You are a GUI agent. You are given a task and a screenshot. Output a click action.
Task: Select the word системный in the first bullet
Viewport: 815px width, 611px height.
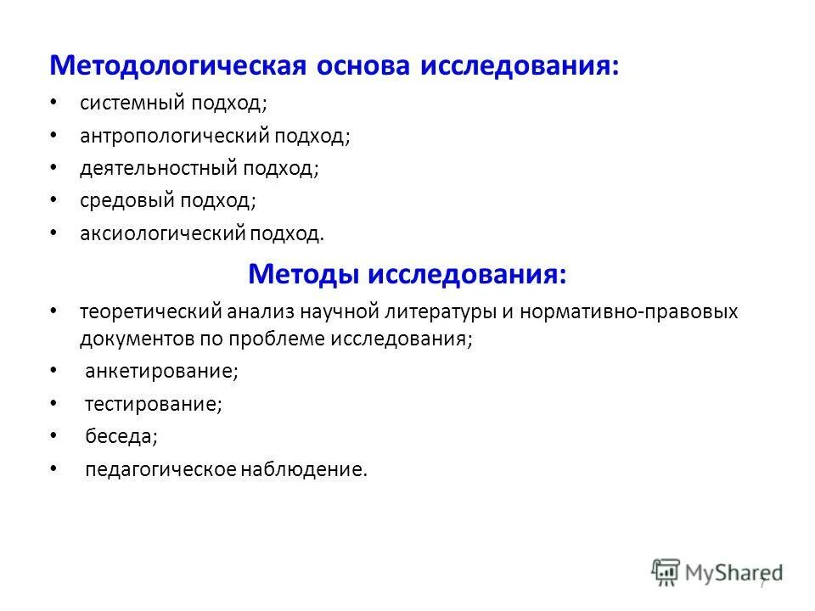tap(134, 104)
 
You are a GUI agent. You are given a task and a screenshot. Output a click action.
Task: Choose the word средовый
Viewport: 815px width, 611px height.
tap(128, 200)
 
